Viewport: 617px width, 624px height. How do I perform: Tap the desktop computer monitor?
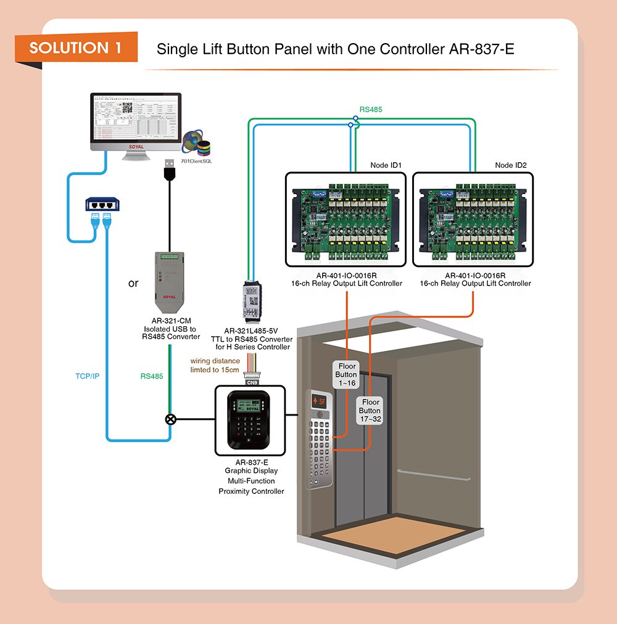tap(136, 120)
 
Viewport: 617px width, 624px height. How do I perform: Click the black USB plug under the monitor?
tap(168, 170)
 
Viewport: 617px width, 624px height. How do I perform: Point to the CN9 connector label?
tap(252, 382)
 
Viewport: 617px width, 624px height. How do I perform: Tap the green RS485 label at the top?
tap(370, 110)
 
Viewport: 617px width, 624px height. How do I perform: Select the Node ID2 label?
tap(511, 165)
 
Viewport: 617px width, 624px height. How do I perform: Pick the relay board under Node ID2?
tap(472, 219)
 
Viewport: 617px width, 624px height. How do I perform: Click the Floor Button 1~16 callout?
tap(346, 374)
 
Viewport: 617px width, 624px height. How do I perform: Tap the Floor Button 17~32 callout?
tap(370, 411)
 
